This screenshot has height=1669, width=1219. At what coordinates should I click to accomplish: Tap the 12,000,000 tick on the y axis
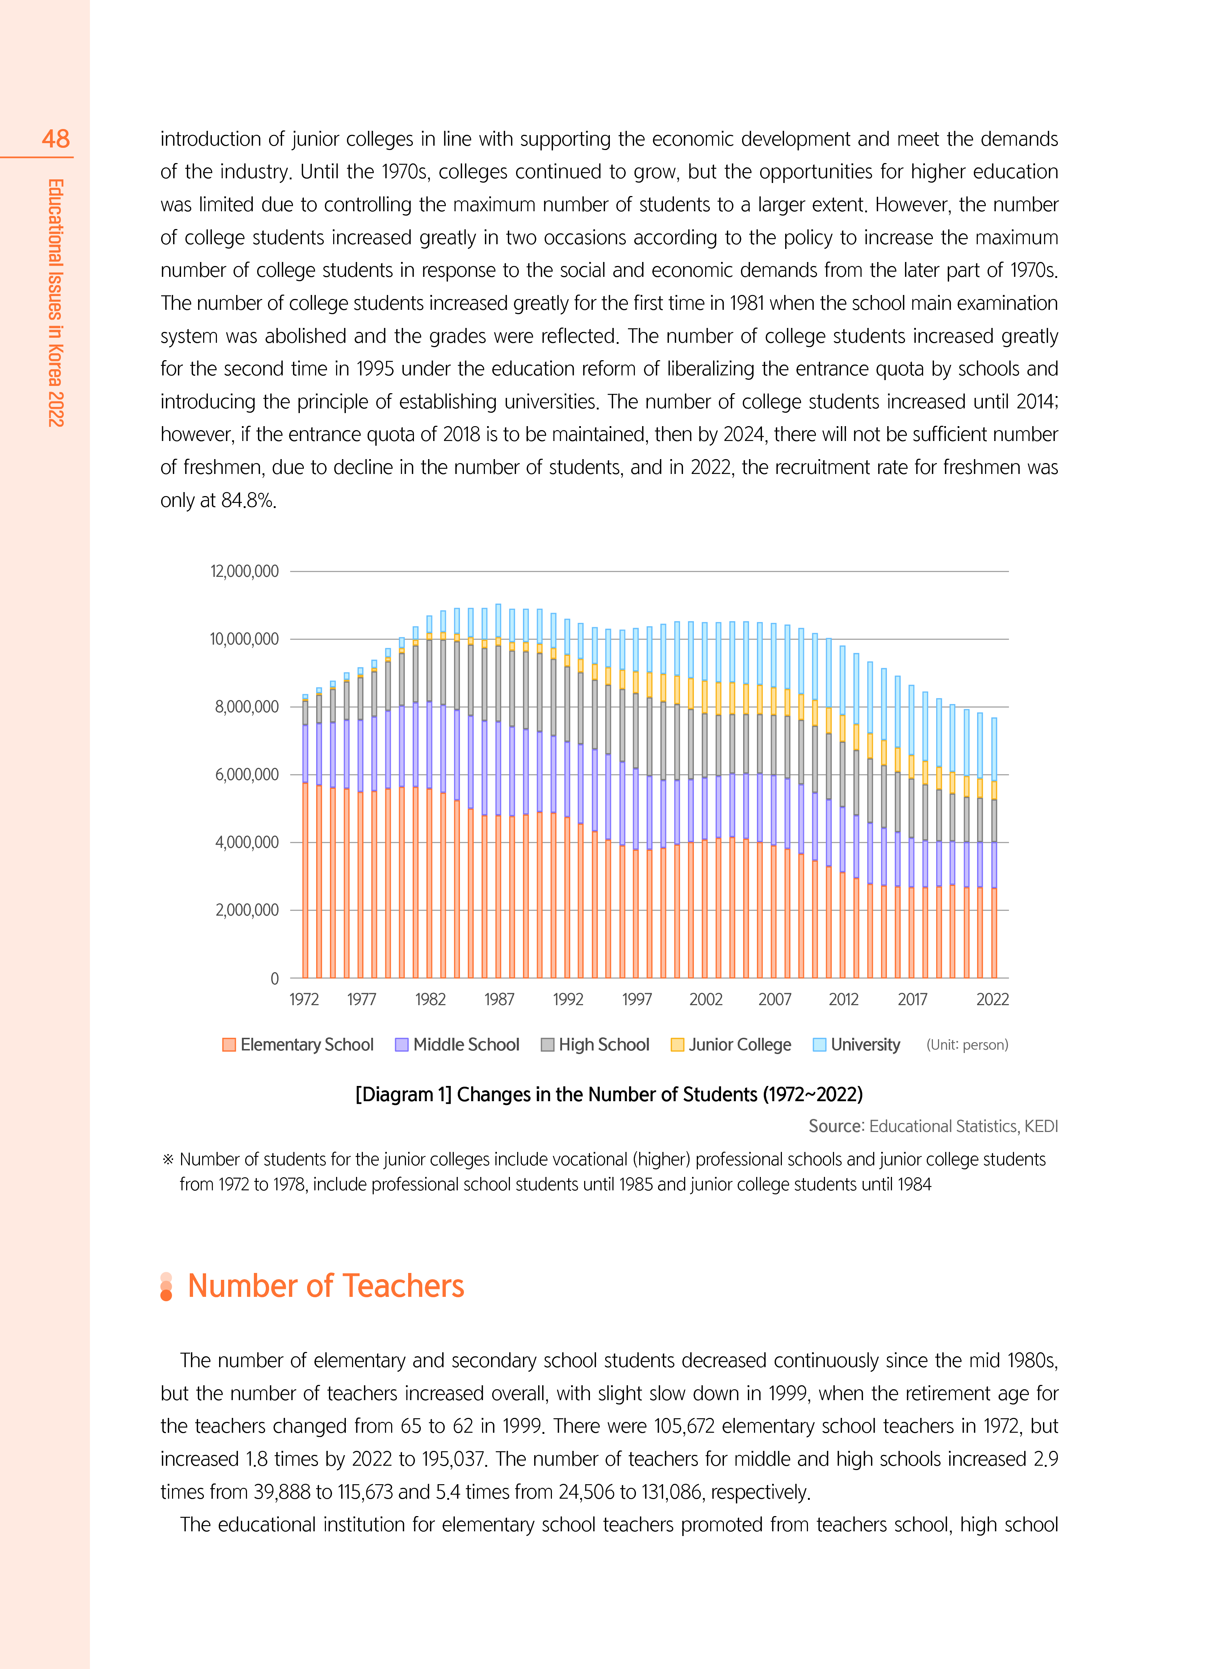point(244,571)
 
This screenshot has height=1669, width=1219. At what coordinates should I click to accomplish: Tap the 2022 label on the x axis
point(992,999)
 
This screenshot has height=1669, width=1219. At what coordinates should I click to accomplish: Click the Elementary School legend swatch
point(229,1045)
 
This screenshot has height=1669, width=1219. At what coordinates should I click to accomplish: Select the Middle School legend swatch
point(401,1045)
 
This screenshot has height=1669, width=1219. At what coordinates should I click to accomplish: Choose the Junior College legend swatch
point(676,1045)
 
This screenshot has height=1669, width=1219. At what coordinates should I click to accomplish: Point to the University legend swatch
point(819,1045)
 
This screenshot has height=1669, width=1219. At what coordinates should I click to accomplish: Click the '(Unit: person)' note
point(967,1045)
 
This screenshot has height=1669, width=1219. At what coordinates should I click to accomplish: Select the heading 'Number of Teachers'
point(326,1286)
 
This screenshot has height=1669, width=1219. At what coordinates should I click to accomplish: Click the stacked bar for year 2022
point(994,849)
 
